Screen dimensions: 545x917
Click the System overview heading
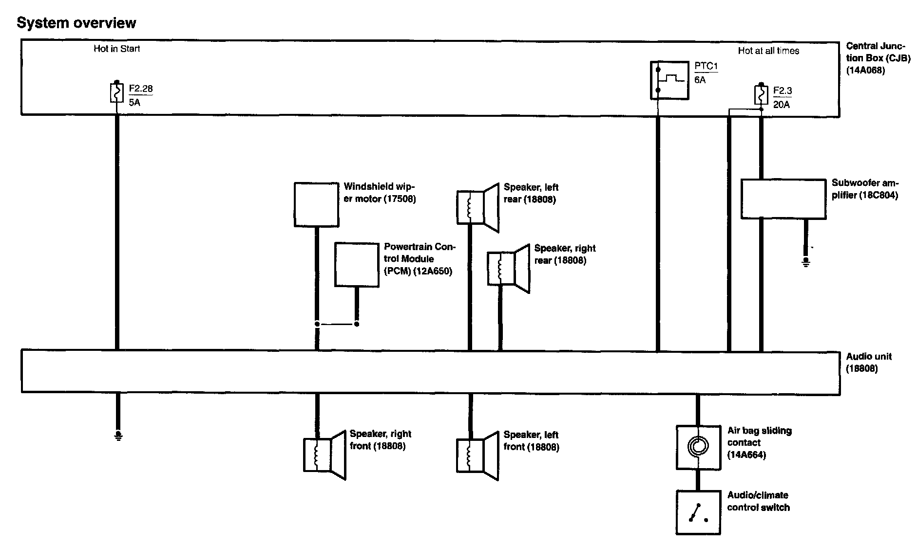click(76, 23)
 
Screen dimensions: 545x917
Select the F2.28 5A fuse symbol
click(116, 92)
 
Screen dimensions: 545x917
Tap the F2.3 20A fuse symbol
click(761, 95)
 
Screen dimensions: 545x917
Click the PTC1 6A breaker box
click(670, 80)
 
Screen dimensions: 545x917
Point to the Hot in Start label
click(117, 49)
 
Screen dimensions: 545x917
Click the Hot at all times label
click(768, 51)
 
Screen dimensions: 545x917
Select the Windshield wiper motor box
click(316, 204)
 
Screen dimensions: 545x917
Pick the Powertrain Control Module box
click(357, 265)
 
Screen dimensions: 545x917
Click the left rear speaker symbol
click(478, 207)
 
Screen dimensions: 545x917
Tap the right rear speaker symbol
click(509, 268)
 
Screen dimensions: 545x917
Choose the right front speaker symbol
click(325, 455)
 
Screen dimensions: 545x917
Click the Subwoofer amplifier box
click(783, 199)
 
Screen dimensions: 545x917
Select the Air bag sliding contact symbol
click(698, 447)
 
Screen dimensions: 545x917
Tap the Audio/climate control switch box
click(698, 512)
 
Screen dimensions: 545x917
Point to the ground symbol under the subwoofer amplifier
click(806, 263)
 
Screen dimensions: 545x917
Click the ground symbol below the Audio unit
click(118, 434)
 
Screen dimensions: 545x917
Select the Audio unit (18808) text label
click(868, 363)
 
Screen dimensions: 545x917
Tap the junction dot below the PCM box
click(357, 324)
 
